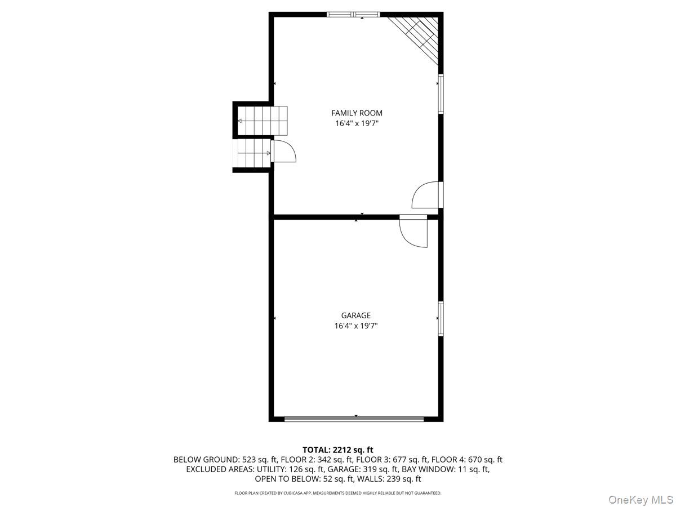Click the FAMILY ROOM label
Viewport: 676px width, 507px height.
click(357, 113)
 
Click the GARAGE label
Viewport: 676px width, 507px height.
click(355, 315)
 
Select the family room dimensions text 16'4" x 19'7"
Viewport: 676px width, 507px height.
click(357, 123)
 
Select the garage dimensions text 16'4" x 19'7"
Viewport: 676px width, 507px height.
click(355, 326)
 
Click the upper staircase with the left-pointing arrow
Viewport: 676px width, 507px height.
click(262, 121)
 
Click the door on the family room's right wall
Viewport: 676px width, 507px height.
click(427, 195)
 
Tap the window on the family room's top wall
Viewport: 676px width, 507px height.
click(353, 15)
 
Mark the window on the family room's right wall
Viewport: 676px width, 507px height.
click(441, 94)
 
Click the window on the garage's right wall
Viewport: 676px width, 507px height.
click(441, 319)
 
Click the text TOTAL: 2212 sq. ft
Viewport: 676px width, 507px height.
click(338, 450)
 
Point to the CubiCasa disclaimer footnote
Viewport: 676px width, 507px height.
click(338, 493)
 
